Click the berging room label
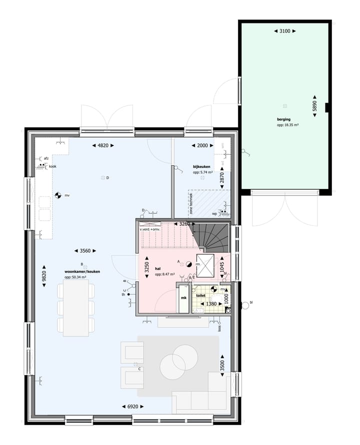(x=284, y=119)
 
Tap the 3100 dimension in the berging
(x=285, y=31)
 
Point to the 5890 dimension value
(x=315, y=105)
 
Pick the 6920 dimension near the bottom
(x=132, y=406)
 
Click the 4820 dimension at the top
(x=103, y=145)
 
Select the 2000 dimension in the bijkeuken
(x=202, y=145)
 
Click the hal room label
(x=158, y=268)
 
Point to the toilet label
(x=201, y=295)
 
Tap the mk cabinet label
(x=183, y=298)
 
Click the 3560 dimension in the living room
(x=85, y=251)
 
